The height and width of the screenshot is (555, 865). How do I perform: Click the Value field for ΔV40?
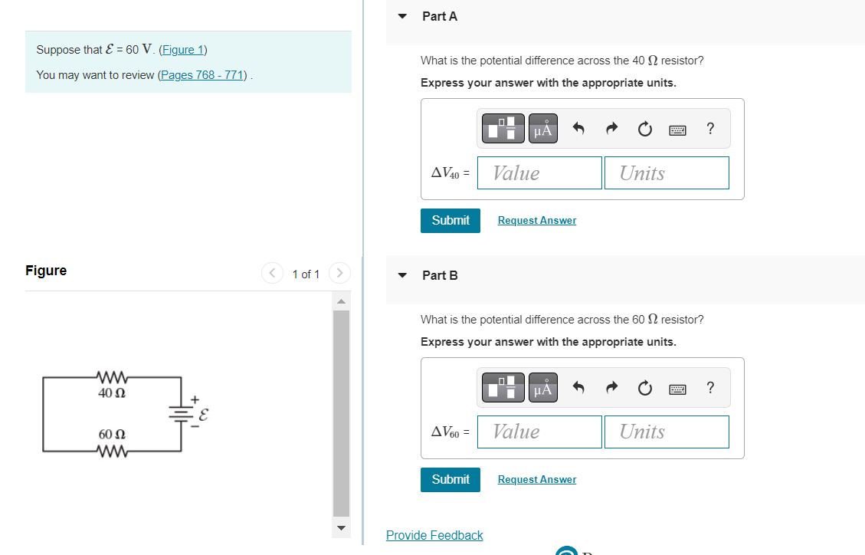[x=539, y=173]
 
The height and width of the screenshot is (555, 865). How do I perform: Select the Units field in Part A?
[x=667, y=173]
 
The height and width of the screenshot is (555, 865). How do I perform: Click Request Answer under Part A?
[x=536, y=221]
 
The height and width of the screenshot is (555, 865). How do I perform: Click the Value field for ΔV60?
[x=539, y=432]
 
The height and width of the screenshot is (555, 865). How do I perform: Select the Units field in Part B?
[x=667, y=432]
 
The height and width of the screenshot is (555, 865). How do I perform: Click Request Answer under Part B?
[x=536, y=480]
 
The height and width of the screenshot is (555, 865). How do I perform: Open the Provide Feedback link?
[x=434, y=535]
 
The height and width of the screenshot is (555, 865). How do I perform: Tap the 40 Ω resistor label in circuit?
[x=112, y=392]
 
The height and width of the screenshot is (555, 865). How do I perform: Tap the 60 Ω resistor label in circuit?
[x=112, y=435]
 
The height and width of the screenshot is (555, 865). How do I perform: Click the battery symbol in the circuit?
[x=181, y=415]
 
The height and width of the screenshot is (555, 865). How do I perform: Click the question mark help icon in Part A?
[x=710, y=129]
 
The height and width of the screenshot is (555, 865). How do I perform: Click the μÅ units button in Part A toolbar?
[x=542, y=130]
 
